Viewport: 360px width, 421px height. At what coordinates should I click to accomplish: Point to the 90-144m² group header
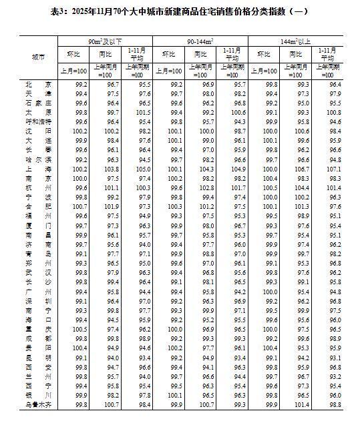click(200, 41)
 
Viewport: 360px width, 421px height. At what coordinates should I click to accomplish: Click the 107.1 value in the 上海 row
click(335, 169)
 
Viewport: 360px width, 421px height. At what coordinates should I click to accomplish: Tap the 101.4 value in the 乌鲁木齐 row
click(303, 404)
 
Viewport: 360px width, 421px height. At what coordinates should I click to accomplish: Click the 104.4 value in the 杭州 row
click(303, 188)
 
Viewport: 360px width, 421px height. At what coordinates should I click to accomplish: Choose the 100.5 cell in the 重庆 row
click(81, 329)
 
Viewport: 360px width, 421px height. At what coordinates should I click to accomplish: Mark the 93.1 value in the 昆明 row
click(335, 357)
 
